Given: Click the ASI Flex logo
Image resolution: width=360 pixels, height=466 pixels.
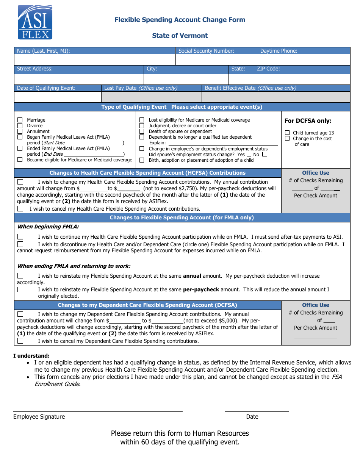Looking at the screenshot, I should pyautogui.click(x=35, y=22).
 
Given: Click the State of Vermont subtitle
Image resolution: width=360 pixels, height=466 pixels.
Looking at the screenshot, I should pyautogui.click(x=180, y=36).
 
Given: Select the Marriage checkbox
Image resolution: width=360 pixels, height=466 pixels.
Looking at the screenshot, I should pyautogui.click(x=20, y=120).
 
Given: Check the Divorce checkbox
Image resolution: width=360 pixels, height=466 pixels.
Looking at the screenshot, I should pyautogui.click(x=20, y=126).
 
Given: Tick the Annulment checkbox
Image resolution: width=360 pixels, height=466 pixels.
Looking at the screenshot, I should pyautogui.click(x=20, y=131).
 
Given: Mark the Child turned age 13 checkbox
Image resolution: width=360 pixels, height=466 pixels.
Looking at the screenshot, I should pyautogui.click(x=287, y=133).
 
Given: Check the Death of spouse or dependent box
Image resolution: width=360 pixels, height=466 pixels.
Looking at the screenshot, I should pyautogui.click(x=142, y=131).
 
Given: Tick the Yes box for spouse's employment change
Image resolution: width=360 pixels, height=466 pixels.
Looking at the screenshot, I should pyautogui.click(x=249, y=155).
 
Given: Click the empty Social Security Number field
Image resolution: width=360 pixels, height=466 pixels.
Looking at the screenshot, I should pyautogui.click(x=214, y=60).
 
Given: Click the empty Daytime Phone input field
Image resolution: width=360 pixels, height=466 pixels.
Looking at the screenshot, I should pyautogui.click(x=302, y=60).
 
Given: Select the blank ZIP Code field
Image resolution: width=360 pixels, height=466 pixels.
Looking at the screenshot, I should pyautogui.click(x=302, y=79).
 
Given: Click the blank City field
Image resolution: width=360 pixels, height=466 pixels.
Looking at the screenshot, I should pyautogui.click(x=186, y=79).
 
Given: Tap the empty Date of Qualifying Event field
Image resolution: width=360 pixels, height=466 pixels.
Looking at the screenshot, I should pyautogui.click(x=58, y=97).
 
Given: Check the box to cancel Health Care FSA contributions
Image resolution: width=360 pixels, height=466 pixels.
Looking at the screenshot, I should pyautogui.click(x=20, y=209).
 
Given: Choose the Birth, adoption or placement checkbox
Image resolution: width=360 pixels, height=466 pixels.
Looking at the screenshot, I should pyautogui.click(x=142, y=160).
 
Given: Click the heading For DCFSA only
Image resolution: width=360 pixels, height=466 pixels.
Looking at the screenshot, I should pyautogui.click(x=308, y=121).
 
